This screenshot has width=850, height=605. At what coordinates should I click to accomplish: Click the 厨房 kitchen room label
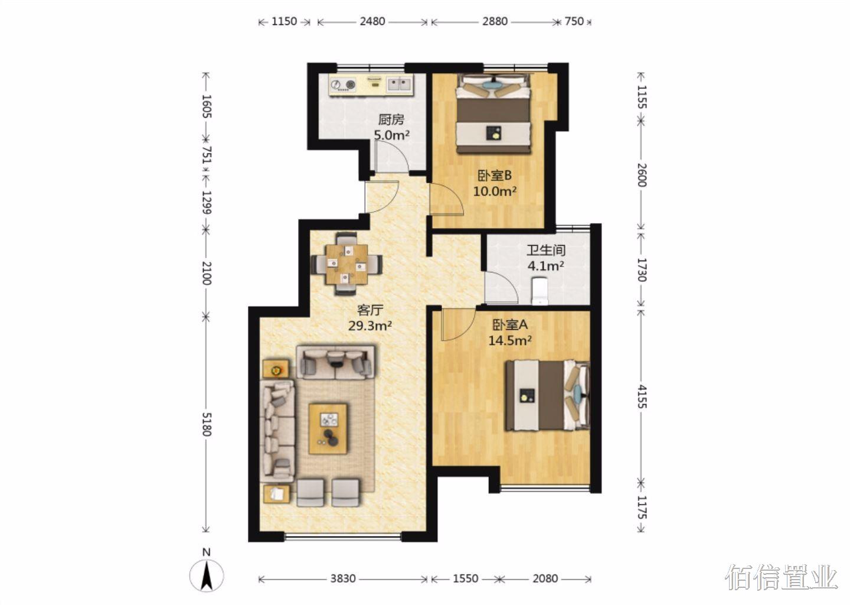391,120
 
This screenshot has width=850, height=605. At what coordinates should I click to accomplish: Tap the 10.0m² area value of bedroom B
495,191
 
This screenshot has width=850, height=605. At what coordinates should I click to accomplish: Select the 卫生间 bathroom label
545,251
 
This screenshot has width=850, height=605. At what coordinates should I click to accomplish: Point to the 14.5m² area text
509,341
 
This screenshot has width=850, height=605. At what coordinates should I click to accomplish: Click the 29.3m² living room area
370,326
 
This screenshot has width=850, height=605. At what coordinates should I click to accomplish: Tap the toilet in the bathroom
540,291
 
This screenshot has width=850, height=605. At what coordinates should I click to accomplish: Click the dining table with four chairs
346,264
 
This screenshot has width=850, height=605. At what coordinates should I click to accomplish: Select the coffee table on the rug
328,429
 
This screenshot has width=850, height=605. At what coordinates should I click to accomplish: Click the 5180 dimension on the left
207,424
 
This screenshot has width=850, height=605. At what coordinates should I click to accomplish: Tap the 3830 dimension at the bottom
343,578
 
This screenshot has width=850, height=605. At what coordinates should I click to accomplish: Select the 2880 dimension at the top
495,21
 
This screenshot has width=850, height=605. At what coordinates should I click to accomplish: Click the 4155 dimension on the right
641,396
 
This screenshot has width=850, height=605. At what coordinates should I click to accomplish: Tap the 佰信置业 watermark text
781,578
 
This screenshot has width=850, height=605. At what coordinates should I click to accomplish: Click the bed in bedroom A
547,395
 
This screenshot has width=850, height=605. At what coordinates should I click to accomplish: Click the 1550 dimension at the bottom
466,578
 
